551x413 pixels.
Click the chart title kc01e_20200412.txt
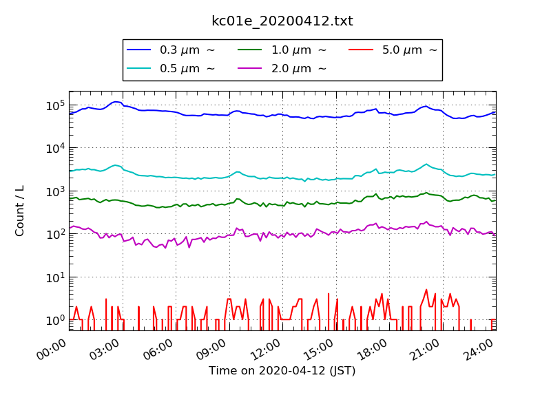pyautogui.click(x=282, y=21)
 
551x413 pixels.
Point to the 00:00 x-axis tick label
pyautogui.click(x=52, y=348)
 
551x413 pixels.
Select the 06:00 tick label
pyautogui.click(x=159, y=348)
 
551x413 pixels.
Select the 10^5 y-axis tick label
pyautogui.click(x=55, y=105)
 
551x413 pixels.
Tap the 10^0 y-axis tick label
pyautogui.click(x=55, y=319)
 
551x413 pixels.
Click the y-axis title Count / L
pyautogui.click(x=20, y=211)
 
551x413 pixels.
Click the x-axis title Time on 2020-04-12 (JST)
pyautogui.click(x=282, y=371)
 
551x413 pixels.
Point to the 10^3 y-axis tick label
pyautogui.click(x=55, y=191)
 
